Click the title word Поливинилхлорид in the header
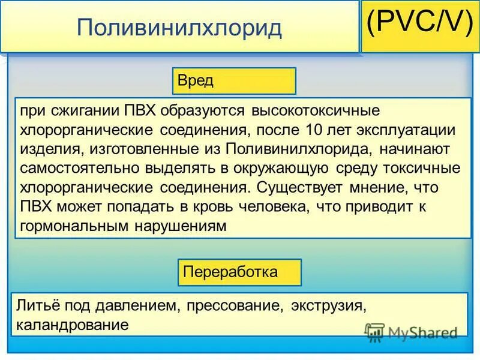tap(179, 28)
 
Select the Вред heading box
tap(234, 81)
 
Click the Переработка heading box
tap(239, 272)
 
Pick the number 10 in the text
tap(317, 130)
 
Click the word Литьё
tap(37, 306)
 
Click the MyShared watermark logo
tap(412, 332)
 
